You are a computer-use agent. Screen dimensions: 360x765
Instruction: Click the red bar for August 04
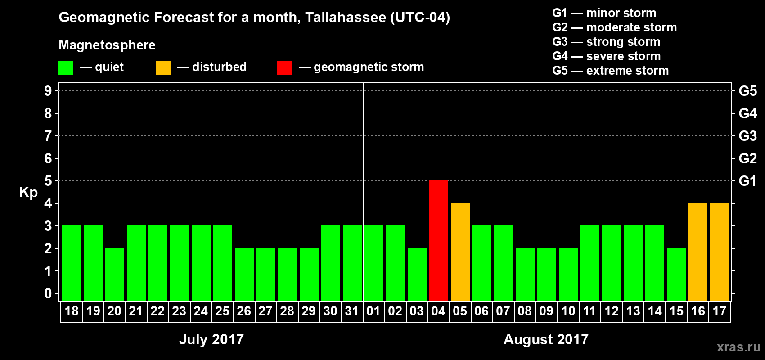tap(439, 240)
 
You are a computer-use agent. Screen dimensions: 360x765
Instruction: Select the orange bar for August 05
tap(460, 252)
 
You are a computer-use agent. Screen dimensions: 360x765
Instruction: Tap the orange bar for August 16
tap(698, 252)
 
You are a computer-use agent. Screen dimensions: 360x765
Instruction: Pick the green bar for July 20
tap(115, 274)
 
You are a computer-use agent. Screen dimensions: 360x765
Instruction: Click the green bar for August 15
tap(676, 274)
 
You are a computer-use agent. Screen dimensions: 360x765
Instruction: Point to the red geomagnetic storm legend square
tap(284, 68)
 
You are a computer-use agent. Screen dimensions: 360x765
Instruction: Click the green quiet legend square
tap(66, 68)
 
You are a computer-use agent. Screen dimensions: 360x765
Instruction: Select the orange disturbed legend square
tap(163, 68)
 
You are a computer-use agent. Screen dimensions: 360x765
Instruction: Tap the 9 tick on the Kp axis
tap(48, 91)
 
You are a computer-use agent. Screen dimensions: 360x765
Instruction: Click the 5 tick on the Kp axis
tap(48, 181)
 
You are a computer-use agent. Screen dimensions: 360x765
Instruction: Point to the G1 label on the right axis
tap(747, 181)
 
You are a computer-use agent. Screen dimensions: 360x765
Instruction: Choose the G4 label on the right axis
tap(747, 113)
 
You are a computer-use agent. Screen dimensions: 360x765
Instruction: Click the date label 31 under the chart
tap(352, 311)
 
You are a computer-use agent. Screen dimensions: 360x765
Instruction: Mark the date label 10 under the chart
tap(568, 311)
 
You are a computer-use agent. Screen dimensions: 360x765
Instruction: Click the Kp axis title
tap(28, 193)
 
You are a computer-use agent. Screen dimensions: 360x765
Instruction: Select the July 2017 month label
tap(211, 339)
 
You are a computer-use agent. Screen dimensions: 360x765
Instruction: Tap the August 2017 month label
tap(546, 339)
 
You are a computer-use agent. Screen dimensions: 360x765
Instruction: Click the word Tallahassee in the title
tap(346, 18)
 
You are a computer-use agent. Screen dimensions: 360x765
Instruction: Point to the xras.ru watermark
tap(738, 347)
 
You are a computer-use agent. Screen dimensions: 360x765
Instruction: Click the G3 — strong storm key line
tap(606, 42)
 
